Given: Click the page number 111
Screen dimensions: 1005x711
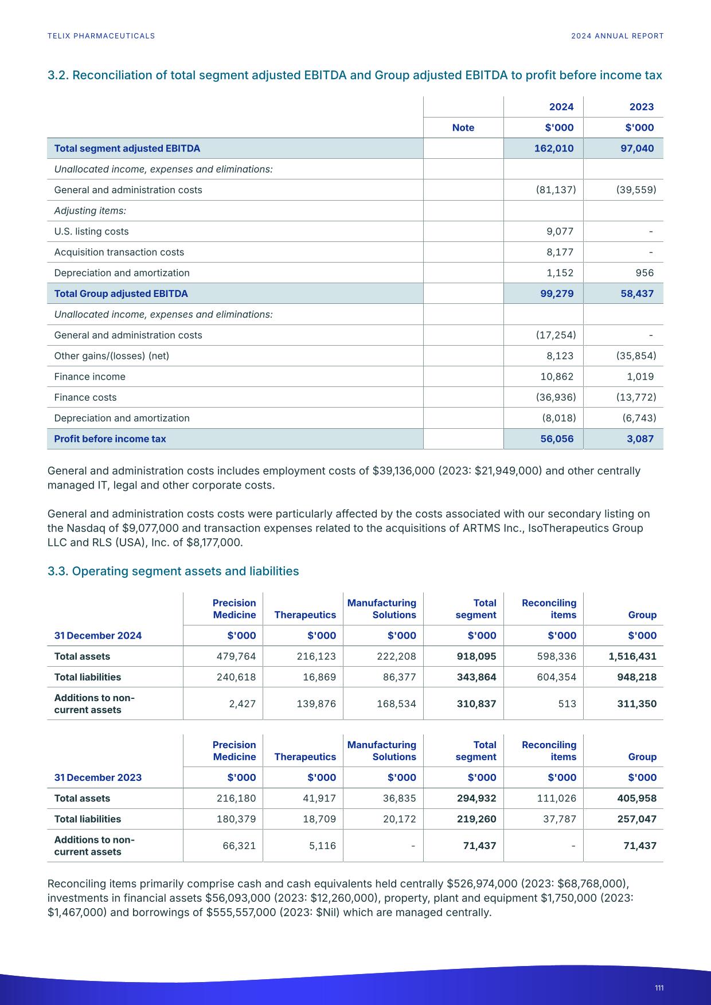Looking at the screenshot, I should [x=659, y=988].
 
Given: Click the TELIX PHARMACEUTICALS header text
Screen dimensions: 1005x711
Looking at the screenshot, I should [x=101, y=36].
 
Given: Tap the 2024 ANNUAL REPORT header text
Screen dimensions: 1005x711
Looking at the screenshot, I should [x=617, y=36].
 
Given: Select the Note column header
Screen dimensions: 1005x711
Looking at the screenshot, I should [x=463, y=128].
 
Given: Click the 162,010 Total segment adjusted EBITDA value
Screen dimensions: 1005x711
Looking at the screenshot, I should [x=553, y=148].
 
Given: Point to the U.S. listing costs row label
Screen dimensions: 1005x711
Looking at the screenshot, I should [x=91, y=232].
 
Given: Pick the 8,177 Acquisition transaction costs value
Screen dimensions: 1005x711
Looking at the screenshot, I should [x=560, y=252].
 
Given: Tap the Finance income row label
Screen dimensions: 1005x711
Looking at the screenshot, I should [x=89, y=377].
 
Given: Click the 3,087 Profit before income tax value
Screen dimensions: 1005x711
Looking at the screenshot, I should [x=640, y=439].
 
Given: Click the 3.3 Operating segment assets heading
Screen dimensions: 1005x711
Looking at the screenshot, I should [x=173, y=571].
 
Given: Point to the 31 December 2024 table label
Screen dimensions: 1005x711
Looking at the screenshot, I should [x=97, y=635].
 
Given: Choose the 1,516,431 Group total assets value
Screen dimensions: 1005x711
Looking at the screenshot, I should [x=632, y=656].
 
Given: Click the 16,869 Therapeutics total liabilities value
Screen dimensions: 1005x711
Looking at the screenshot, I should [x=319, y=677].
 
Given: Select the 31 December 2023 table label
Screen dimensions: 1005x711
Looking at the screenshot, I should [x=97, y=777].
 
